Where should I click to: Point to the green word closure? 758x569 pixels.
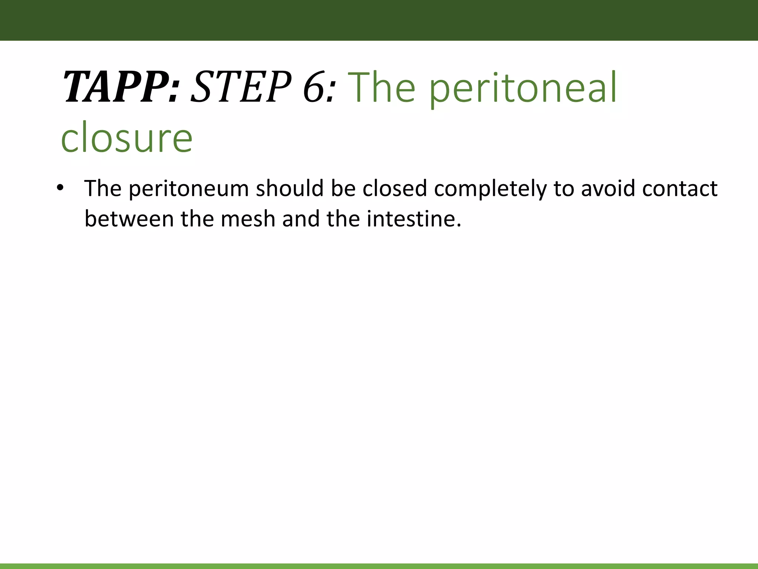coord(127,137)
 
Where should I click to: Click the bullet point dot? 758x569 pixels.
coord(60,188)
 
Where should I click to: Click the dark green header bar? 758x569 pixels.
coord(379,20)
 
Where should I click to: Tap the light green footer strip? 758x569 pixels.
coord(379,566)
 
